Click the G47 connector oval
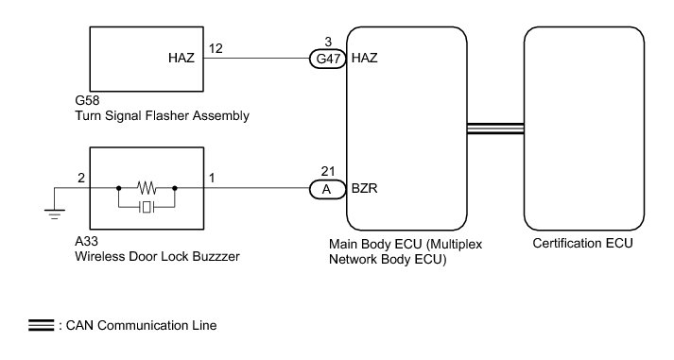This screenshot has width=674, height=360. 327,59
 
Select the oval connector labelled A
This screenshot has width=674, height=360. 327,189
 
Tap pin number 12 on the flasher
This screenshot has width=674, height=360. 216,48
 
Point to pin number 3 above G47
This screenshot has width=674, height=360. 328,42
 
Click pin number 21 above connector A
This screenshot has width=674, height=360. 328,171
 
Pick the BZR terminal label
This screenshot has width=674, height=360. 365,189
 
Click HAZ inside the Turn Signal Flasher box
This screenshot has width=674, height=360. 181,58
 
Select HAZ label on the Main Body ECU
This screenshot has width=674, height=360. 365,58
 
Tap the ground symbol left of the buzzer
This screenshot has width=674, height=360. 55,214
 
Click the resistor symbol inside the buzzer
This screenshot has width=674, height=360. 147,188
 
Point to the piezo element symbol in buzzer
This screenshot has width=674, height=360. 147,208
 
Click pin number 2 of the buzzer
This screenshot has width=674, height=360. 81,178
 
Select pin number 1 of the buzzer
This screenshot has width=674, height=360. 212,178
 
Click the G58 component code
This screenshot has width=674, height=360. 87,100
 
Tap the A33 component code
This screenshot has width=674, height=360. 86,242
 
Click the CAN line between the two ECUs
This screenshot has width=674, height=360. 495,129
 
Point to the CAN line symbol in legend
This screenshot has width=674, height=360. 42,325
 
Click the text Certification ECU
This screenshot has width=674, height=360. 583,243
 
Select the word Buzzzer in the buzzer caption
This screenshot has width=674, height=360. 216,256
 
